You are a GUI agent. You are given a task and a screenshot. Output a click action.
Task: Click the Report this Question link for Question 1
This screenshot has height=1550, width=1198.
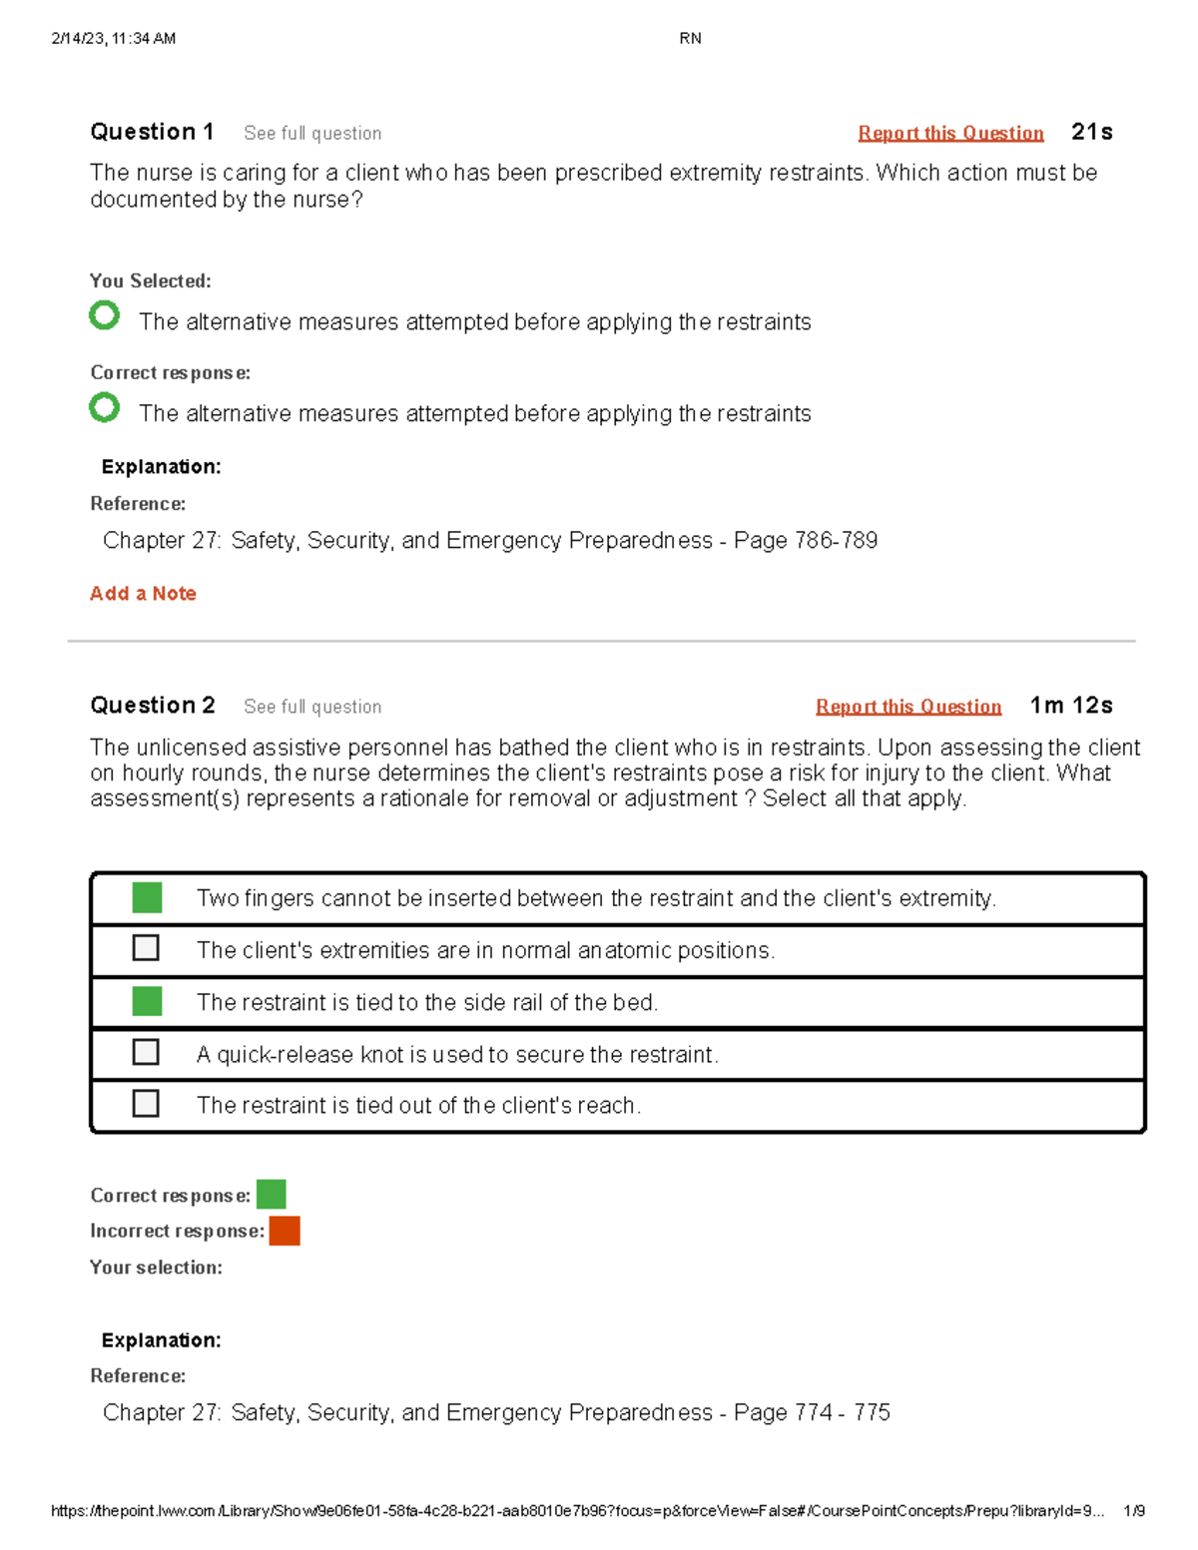pos(950,133)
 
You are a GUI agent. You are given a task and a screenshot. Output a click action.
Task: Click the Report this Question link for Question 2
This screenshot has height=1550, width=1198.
pos(907,707)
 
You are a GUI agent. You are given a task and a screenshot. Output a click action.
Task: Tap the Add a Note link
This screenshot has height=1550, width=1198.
pos(143,594)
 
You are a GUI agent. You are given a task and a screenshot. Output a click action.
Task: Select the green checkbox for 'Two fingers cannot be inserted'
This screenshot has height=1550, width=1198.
pos(147,897)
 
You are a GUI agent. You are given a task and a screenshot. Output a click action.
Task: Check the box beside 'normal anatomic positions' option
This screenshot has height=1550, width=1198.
pos(146,947)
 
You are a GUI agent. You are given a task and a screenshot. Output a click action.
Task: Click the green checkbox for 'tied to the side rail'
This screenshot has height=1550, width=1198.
pos(147,1001)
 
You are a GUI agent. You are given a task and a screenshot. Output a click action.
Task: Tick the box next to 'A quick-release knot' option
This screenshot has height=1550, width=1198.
pos(146,1052)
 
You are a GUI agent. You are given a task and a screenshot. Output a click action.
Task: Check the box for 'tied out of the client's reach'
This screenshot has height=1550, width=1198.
pos(146,1103)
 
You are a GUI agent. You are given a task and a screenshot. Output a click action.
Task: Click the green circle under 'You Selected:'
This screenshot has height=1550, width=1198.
pos(104,315)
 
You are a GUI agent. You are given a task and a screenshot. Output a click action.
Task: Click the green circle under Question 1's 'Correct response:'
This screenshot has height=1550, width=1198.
pos(104,407)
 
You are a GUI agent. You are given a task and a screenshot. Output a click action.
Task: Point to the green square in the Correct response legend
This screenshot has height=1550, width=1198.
pos(271,1194)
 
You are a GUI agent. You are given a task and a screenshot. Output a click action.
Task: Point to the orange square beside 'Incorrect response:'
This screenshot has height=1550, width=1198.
pos(285,1231)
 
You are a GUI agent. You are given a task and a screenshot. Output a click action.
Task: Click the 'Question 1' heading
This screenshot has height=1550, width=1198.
pos(152,132)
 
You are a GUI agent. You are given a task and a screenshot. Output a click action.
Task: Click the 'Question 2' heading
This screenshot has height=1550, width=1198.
pos(152,706)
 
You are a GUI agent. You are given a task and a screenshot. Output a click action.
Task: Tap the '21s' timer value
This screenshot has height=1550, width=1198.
pos(1091,132)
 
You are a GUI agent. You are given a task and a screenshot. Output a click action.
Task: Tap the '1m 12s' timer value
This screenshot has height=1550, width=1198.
pos(1071,706)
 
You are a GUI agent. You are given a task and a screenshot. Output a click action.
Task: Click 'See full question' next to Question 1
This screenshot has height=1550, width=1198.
pos(312,134)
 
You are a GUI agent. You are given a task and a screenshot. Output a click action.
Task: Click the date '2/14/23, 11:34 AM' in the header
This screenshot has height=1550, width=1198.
pos(113,39)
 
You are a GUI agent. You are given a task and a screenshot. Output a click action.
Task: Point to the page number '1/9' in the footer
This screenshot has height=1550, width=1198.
pos(1133,1511)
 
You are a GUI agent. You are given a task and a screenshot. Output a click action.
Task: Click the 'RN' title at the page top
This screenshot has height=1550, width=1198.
pos(690,39)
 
